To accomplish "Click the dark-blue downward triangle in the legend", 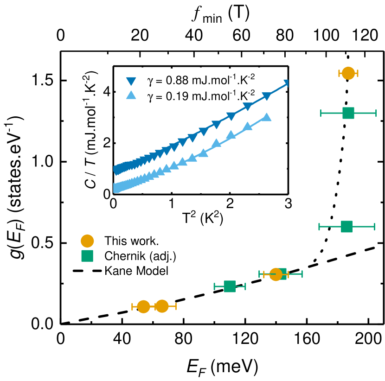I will point(131,81).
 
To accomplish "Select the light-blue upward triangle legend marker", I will point(131,95).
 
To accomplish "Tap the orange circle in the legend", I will point(87,241).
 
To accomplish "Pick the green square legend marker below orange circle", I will point(87,256).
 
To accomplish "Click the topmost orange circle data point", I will point(348,73).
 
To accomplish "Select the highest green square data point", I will point(348,113).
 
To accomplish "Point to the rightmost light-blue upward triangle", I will point(266,117).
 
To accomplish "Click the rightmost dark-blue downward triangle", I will point(287,83).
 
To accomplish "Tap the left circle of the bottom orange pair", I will point(143,306).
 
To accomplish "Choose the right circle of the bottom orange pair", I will point(162,306).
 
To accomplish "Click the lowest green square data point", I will point(230,286).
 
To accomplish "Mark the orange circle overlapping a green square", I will point(276,274).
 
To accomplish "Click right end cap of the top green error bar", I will point(376,113).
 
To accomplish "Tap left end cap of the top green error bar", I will point(321,113).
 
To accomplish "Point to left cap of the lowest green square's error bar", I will point(214,286).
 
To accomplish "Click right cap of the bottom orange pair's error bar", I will point(176,306).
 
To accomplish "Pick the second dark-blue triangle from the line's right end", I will point(266,96).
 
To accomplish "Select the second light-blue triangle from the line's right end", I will point(247,126).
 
